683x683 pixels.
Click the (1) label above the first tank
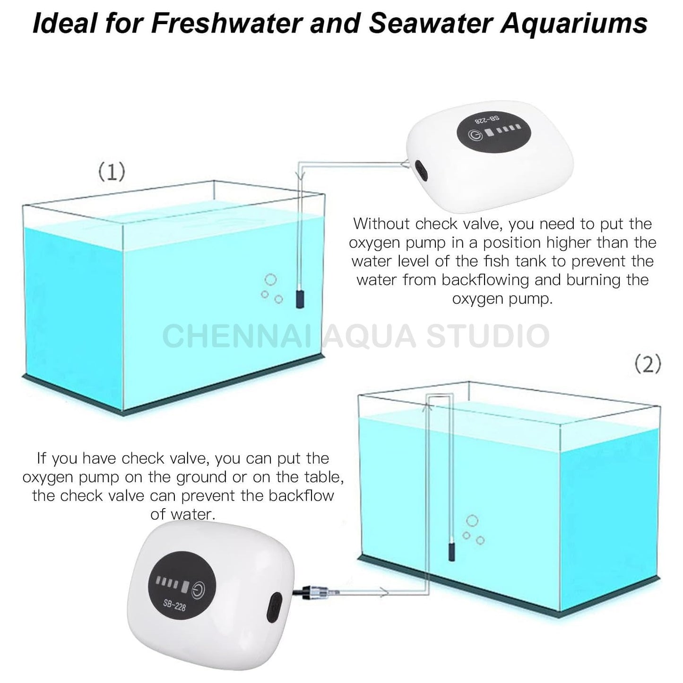pyautogui.click(x=112, y=172)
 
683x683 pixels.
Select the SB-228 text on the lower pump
pyautogui.click(x=174, y=604)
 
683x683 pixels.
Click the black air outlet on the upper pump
pyautogui.click(x=418, y=166)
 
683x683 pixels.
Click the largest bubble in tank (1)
pyautogui.click(x=270, y=279)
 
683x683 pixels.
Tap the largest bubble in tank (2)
pyautogui.click(x=472, y=521)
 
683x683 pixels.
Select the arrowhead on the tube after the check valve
pyautogui.click(x=384, y=592)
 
